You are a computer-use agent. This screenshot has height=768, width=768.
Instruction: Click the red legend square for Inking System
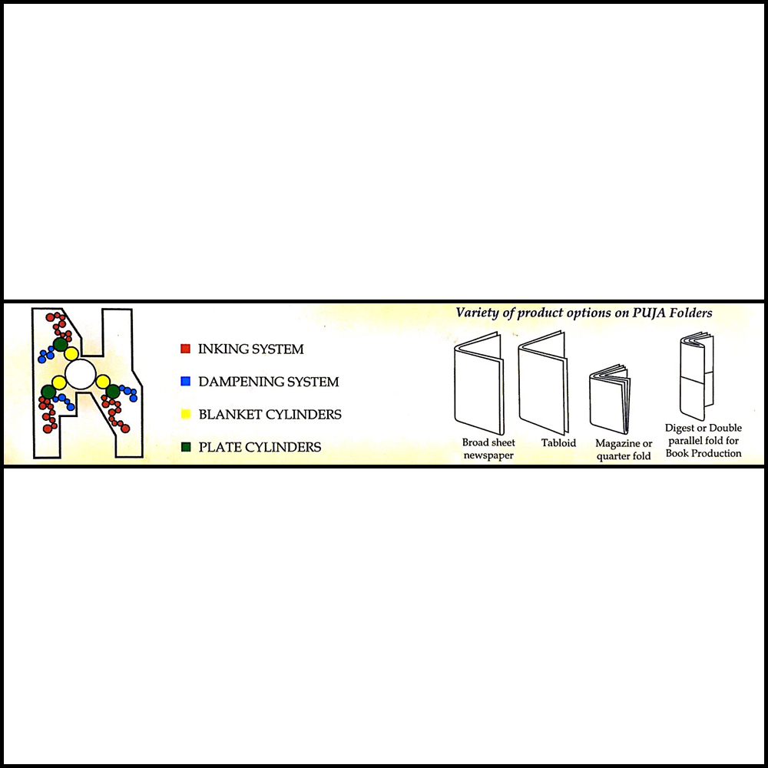[185, 348]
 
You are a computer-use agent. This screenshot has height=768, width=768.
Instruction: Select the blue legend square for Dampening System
[185, 381]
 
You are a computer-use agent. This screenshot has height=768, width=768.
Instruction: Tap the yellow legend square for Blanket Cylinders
[186, 414]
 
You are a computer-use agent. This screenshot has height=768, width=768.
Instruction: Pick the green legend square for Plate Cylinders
[186, 447]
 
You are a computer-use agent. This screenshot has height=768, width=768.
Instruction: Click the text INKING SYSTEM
[251, 349]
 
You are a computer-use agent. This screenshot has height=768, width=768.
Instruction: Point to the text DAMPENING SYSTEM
[268, 382]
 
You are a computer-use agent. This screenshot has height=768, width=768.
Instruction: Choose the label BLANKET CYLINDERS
[270, 415]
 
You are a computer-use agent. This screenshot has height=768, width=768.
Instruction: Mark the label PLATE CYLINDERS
[260, 447]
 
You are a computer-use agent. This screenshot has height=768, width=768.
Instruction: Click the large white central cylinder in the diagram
[81, 374]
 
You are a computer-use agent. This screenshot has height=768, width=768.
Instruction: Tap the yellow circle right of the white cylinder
[103, 382]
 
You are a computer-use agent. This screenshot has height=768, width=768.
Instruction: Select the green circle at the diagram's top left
[60, 344]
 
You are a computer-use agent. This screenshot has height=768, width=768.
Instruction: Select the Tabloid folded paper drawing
[543, 383]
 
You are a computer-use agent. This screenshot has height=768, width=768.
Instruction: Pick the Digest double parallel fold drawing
[697, 376]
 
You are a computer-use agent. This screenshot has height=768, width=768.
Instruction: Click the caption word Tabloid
[558, 443]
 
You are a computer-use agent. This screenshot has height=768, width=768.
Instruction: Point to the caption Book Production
[703, 453]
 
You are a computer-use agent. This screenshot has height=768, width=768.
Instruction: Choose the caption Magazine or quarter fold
[624, 449]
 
